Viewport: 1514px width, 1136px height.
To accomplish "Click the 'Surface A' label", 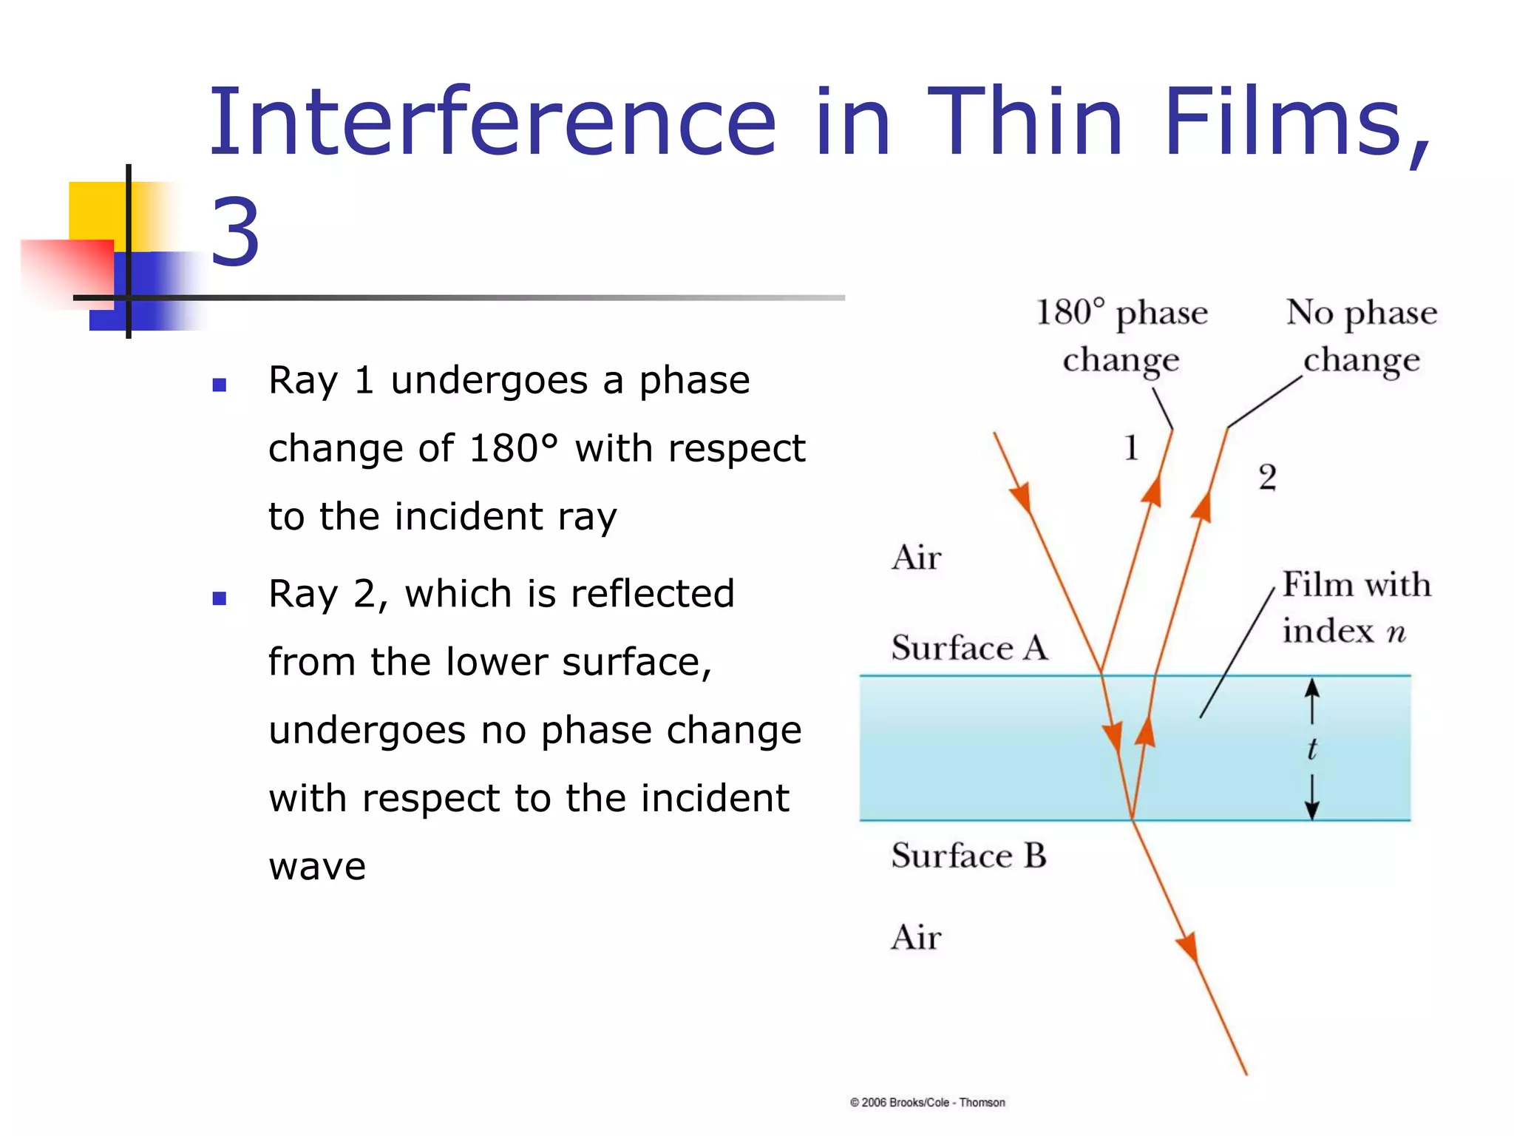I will coord(969,648).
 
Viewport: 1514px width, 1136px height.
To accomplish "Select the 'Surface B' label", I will coord(969,856).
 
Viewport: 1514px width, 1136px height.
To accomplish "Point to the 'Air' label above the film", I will coord(916,558).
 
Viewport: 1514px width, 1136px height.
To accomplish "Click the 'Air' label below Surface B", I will coord(916,938).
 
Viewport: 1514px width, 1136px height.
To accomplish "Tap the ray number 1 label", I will coord(1131,448).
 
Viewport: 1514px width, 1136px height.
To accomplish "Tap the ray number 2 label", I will coord(1267,478).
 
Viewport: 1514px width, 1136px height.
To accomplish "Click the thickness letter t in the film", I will coord(1311,748).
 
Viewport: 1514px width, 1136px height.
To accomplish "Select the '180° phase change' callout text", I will coord(1121,337).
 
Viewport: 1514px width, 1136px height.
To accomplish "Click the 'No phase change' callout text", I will coord(1362,337).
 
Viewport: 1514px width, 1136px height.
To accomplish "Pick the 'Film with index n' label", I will coord(1355,608).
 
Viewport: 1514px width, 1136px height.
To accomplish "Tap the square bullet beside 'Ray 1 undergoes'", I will coord(219,385).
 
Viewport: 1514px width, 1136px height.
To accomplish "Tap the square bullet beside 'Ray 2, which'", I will coord(219,598).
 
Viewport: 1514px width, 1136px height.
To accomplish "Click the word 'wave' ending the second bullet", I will coord(317,866).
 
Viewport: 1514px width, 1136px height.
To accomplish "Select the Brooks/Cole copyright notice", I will coord(927,1102).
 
